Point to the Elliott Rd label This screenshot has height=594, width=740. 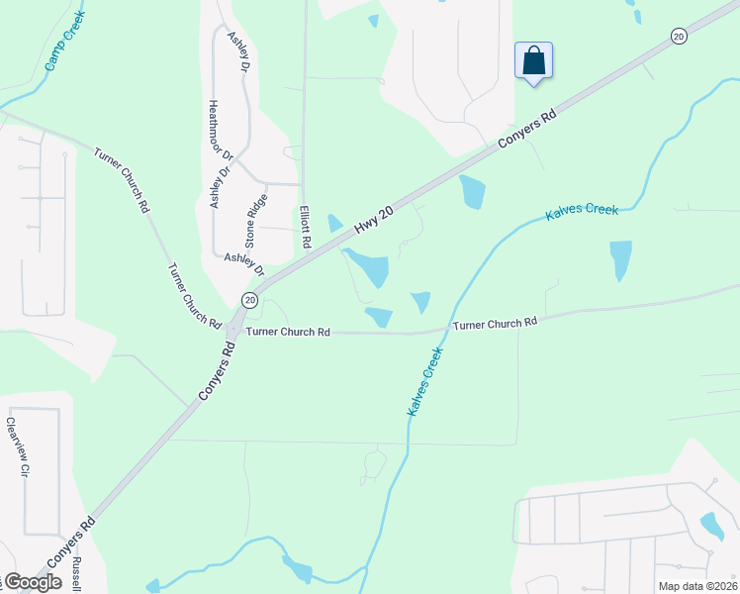pyautogui.click(x=306, y=227)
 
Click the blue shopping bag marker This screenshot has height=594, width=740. pyautogui.click(x=533, y=60)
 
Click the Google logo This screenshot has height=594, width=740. pyautogui.click(x=32, y=582)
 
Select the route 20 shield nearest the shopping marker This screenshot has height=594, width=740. pyautogui.click(x=678, y=36)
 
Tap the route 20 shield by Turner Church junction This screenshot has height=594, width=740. pyautogui.click(x=249, y=299)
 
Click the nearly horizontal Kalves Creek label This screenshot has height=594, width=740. pyautogui.click(x=582, y=211)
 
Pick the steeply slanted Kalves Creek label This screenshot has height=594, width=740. pyautogui.click(x=423, y=378)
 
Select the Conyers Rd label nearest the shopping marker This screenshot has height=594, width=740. pyautogui.click(x=529, y=129)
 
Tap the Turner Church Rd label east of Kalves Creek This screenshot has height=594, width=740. pyautogui.click(x=495, y=323)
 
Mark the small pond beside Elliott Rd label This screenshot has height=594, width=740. pyautogui.click(x=334, y=223)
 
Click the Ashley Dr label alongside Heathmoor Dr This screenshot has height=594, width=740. pyautogui.click(x=220, y=185)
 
